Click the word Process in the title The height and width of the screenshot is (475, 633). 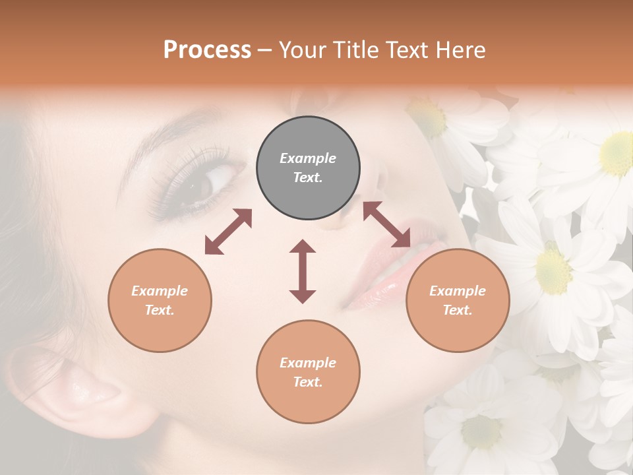[x=207, y=49]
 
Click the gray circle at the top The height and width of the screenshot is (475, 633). [x=308, y=168]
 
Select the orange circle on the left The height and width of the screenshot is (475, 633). [x=160, y=300]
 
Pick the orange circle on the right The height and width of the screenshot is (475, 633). [x=458, y=300]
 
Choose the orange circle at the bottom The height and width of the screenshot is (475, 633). [x=308, y=372]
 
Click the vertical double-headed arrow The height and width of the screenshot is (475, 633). [x=303, y=271]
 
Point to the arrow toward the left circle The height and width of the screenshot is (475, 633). [x=228, y=232]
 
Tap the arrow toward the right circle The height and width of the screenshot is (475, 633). [x=386, y=224]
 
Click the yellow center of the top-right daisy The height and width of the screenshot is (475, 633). [x=617, y=153]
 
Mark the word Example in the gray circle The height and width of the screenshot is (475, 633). [x=308, y=158]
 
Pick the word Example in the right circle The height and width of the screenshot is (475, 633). [x=458, y=291]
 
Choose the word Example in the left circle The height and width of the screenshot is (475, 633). [x=160, y=291]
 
